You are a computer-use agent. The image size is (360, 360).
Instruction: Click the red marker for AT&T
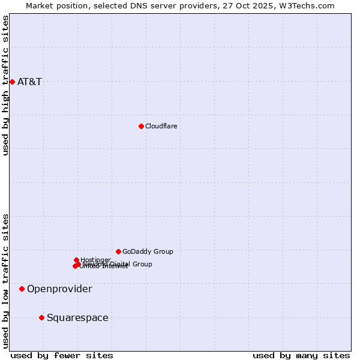click(x=12, y=82)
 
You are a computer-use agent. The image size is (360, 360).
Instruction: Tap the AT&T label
click(x=29, y=82)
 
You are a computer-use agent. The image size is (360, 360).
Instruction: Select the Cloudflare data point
click(x=141, y=126)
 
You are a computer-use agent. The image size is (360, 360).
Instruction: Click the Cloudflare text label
click(x=161, y=126)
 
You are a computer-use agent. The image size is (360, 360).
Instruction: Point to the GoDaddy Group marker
click(x=118, y=251)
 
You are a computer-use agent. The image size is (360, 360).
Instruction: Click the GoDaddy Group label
click(x=148, y=252)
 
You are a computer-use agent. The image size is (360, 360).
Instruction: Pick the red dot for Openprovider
click(x=22, y=289)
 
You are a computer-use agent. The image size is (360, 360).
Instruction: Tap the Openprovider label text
click(x=59, y=289)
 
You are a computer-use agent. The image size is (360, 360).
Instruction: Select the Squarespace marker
click(x=41, y=317)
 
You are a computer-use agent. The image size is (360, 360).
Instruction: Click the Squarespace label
click(x=77, y=318)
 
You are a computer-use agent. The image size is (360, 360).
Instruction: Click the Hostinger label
click(x=95, y=260)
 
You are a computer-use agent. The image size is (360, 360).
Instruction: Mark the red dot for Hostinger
click(x=76, y=260)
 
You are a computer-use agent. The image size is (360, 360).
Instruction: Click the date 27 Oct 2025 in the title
click(x=253, y=5)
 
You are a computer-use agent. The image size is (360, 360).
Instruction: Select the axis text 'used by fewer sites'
click(x=62, y=355)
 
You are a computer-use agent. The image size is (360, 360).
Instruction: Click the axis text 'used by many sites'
click(x=301, y=355)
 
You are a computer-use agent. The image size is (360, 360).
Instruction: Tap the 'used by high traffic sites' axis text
click(x=5, y=85)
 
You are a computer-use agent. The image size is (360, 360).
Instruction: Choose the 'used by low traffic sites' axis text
click(x=5, y=281)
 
